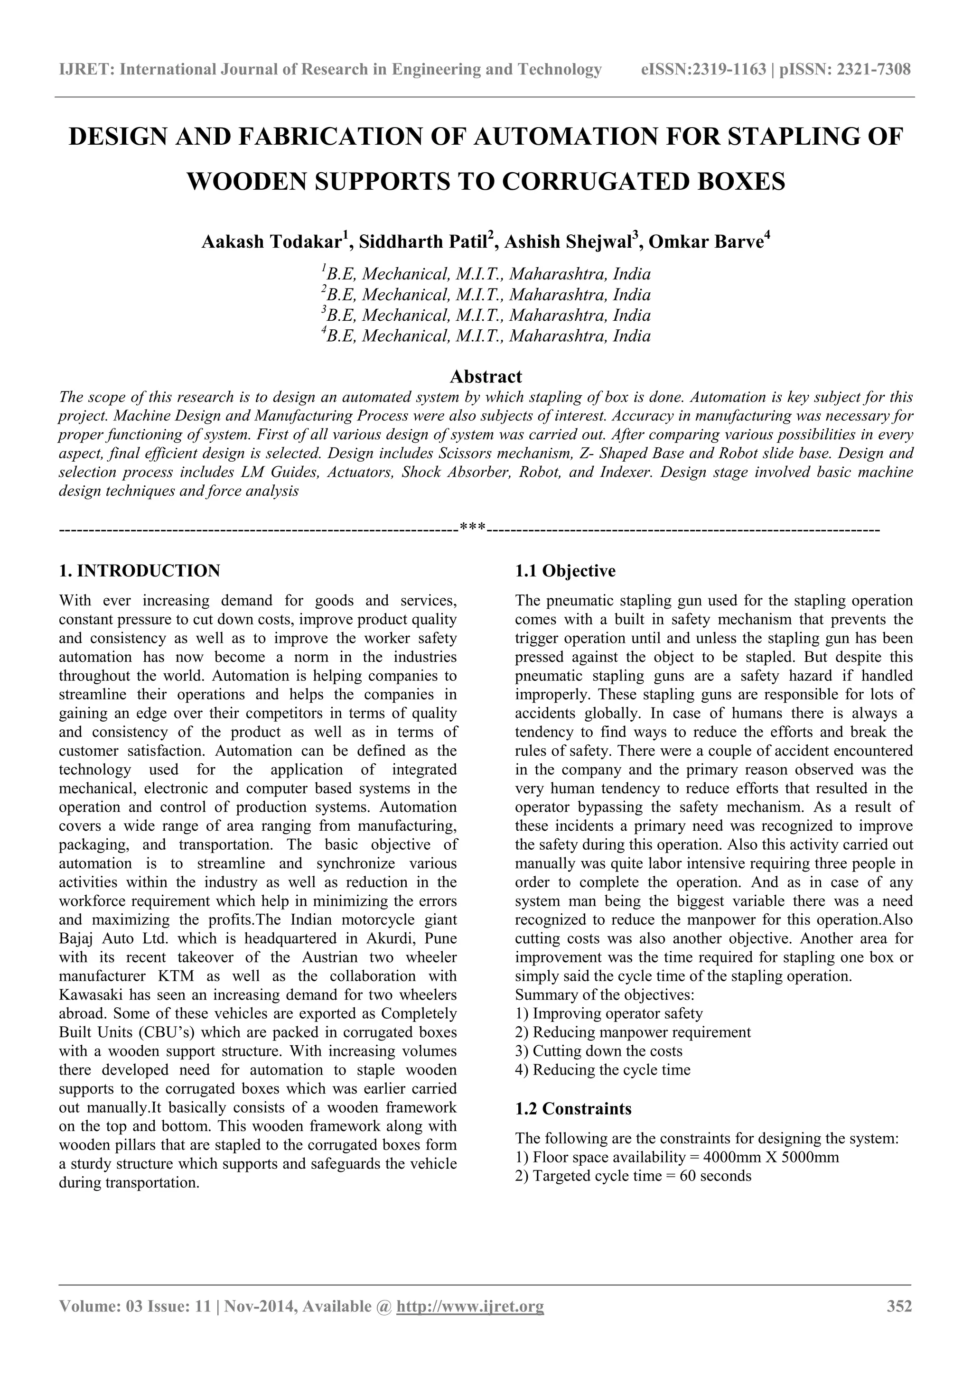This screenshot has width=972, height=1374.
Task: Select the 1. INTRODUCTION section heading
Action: (140, 570)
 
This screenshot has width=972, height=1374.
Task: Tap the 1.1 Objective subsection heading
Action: (565, 570)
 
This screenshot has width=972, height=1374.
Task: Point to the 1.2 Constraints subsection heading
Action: (573, 1109)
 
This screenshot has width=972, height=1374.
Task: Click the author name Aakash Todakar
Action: (271, 242)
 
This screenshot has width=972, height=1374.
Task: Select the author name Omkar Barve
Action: (706, 242)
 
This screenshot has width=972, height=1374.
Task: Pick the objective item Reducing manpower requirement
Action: (641, 1032)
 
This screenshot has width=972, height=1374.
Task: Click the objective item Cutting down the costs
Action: (607, 1051)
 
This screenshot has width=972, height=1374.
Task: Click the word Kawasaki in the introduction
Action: (89, 995)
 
